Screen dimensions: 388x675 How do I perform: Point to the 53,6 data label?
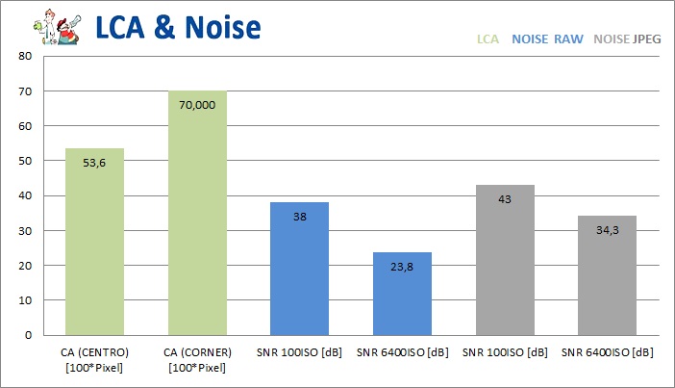pyautogui.click(x=94, y=163)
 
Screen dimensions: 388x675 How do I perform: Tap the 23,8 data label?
pyautogui.click(x=402, y=267)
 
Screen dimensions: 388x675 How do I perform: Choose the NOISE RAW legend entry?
pyautogui.click(x=547, y=40)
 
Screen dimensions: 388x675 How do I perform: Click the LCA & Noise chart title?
pyautogui.click(x=178, y=27)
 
